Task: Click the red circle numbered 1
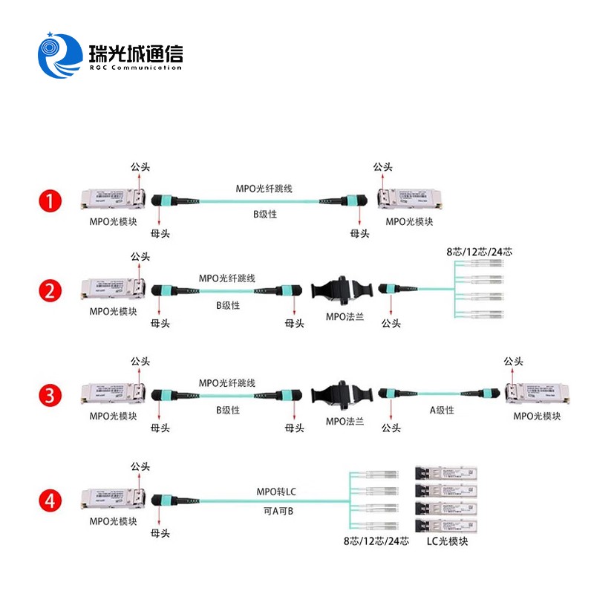click(50, 200)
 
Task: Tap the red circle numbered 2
click(50, 290)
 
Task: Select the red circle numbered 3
click(50, 395)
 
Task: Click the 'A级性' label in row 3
click(442, 410)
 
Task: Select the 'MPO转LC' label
click(275, 491)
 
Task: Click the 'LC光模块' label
click(446, 541)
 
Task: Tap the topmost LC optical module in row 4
click(445, 474)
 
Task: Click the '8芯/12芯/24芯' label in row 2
click(479, 252)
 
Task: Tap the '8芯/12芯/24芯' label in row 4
click(376, 541)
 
